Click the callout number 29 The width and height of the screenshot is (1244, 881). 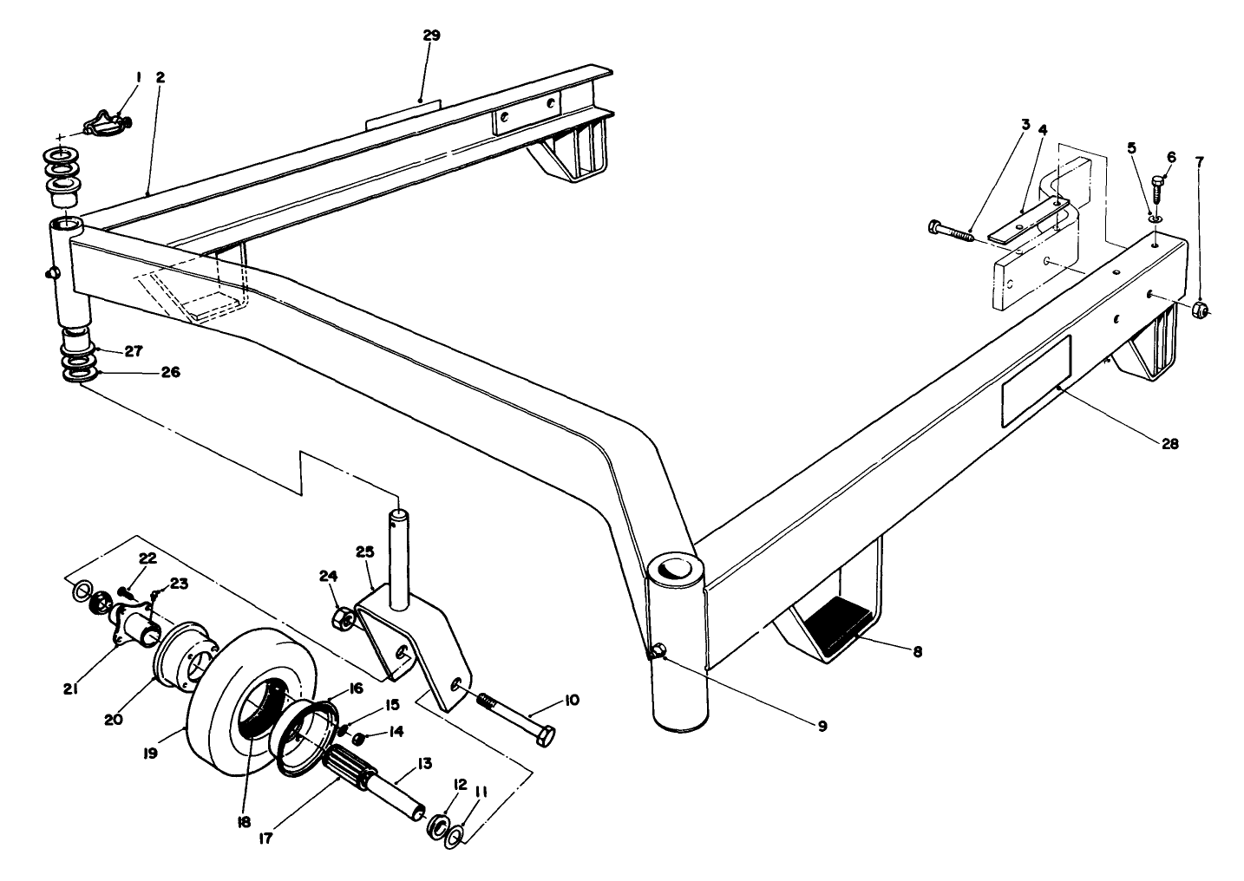[431, 36]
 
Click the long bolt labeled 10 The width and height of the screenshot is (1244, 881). [513, 714]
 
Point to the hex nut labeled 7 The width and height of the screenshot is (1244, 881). [1200, 309]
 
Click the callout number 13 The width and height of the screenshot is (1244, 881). [424, 763]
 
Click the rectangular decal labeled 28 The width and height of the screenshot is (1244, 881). [1036, 382]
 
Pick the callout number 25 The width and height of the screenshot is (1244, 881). [363, 551]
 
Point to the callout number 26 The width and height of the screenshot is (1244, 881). [170, 373]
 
